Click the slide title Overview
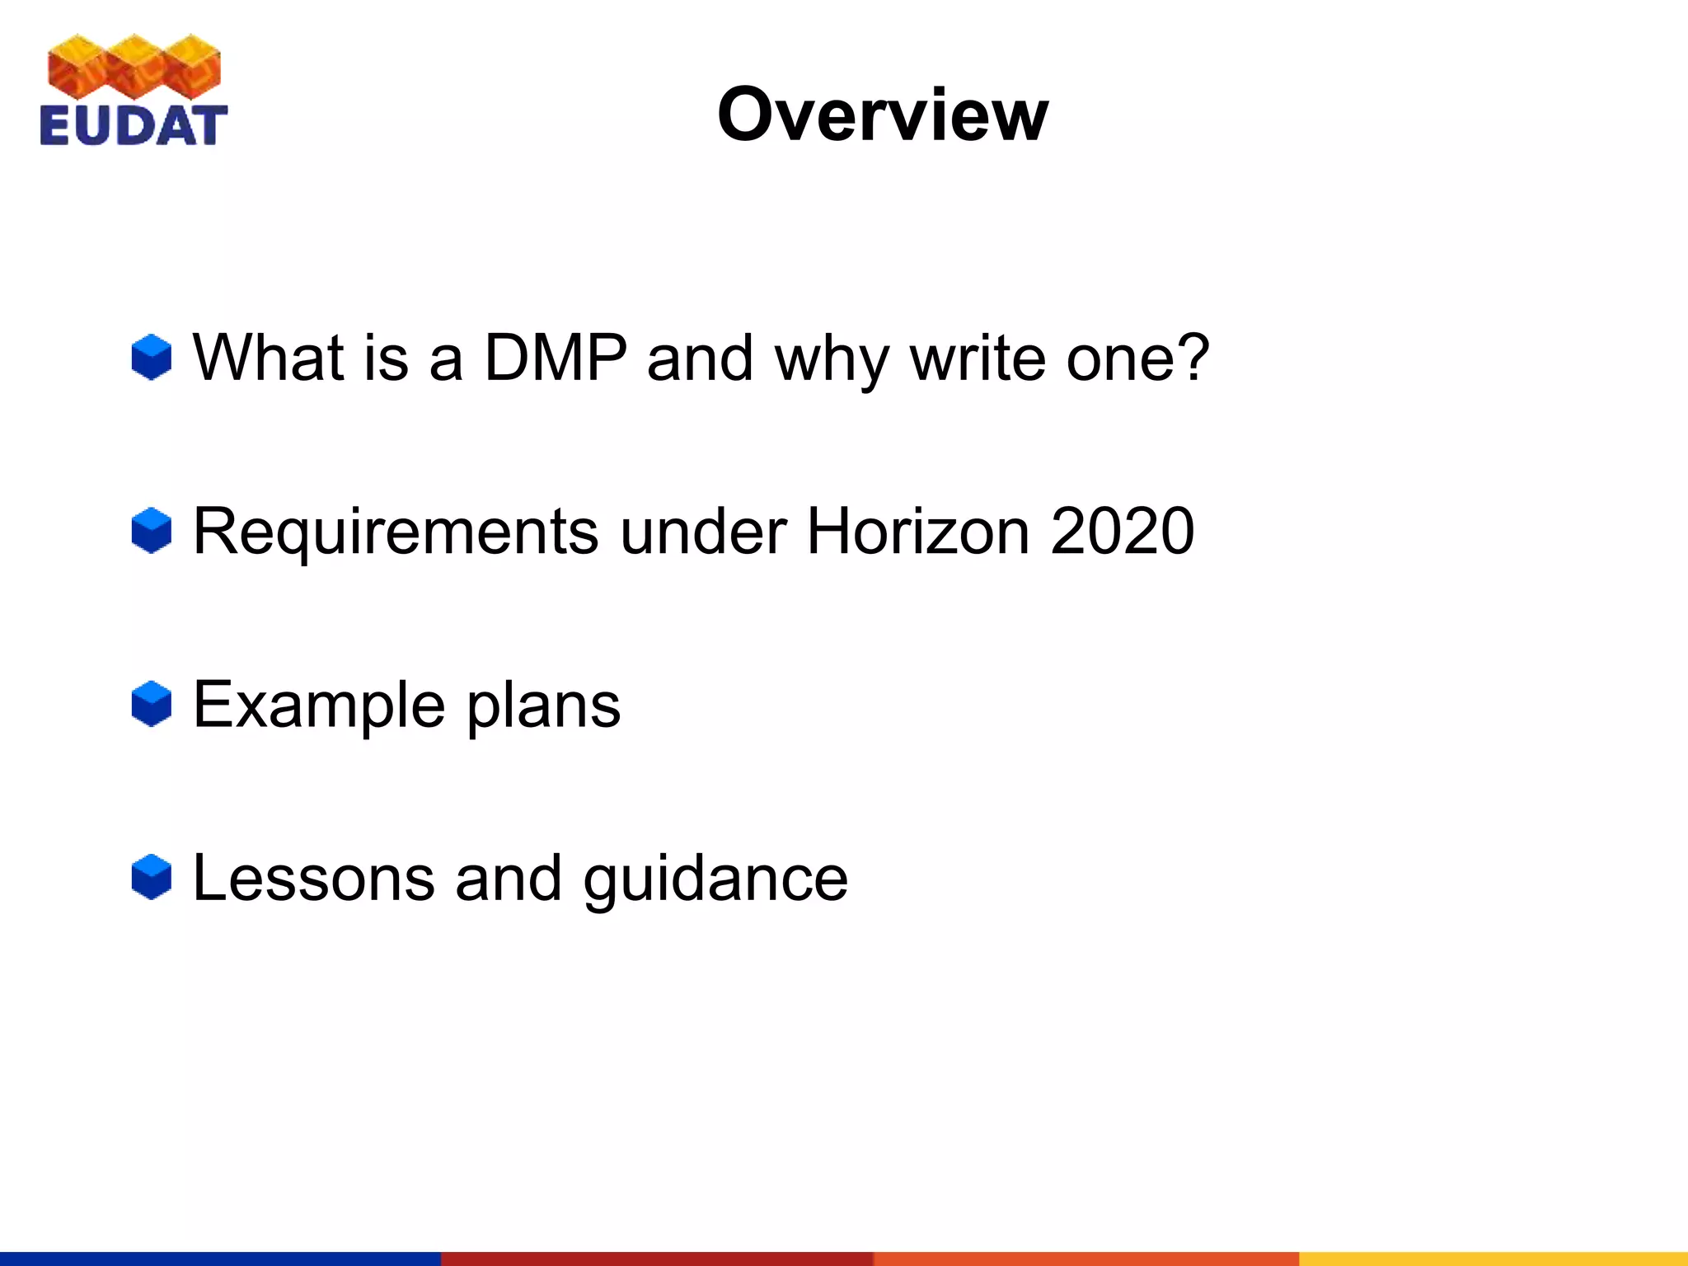pos(883,115)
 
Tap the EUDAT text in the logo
pos(133,126)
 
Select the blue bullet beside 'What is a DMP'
pos(152,358)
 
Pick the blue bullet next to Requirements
pos(152,531)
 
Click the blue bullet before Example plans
pos(152,704)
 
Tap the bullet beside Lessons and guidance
pos(152,877)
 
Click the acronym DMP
pos(555,358)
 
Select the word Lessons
pos(313,879)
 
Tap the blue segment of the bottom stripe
pos(220,1259)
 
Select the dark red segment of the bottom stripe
pos(657,1259)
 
